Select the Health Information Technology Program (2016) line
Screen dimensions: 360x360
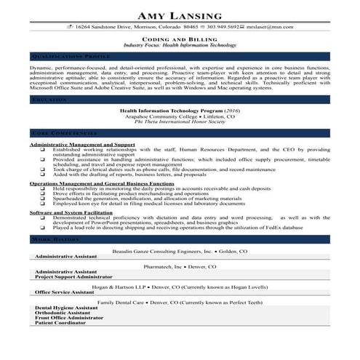pyautogui.click(x=180, y=111)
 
